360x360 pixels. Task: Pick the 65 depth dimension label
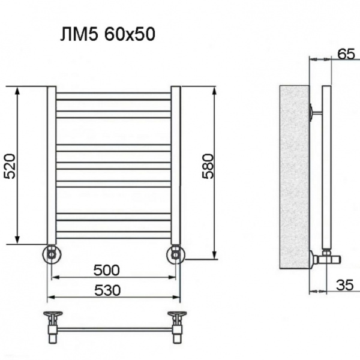click(345, 53)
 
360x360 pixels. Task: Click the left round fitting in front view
click(51, 254)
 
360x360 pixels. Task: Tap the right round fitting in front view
click(176, 254)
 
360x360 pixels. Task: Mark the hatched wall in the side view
click(295, 177)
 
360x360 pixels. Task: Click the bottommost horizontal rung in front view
click(113, 235)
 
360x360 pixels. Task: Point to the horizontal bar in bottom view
click(114, 328)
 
